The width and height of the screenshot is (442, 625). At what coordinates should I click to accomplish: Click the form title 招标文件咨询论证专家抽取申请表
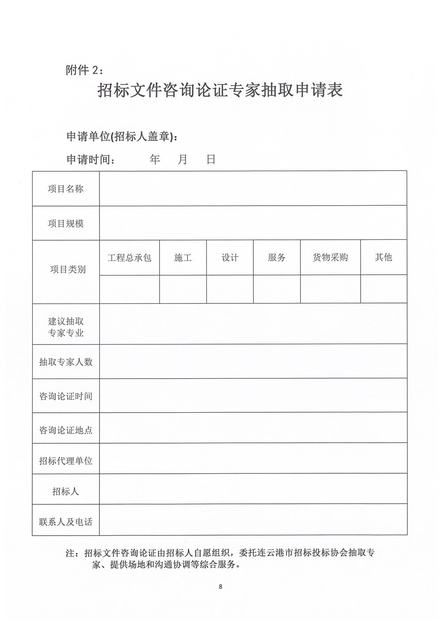220,91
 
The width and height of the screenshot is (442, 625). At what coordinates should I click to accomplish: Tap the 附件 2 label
84,70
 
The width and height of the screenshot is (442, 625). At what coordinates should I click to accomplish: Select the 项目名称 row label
66,189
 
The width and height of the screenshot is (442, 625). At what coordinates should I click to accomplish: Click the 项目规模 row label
66,223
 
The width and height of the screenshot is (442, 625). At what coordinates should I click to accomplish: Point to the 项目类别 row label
68,269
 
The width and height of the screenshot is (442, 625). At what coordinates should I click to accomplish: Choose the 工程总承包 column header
130,257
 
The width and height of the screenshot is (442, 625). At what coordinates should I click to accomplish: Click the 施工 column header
183,257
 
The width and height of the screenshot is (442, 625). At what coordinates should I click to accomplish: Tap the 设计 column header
230,257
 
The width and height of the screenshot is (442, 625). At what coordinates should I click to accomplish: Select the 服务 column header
277,257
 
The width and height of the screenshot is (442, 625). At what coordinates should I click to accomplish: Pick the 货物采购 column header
330,257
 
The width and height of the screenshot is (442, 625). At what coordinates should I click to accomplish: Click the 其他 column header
383,257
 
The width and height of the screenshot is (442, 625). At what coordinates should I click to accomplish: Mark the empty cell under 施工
183,289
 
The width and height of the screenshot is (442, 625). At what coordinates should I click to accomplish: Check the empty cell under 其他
383,289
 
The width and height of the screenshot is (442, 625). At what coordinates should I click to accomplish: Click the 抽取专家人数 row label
66,362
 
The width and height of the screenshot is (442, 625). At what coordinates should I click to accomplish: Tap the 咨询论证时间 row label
66,396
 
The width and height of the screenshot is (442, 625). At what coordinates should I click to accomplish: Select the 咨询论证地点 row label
66,429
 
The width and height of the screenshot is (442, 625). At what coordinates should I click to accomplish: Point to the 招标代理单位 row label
66,460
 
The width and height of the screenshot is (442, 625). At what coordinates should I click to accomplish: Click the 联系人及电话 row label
66,522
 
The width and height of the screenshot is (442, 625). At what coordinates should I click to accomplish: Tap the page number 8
220,587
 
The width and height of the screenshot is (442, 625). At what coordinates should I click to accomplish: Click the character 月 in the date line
183,159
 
